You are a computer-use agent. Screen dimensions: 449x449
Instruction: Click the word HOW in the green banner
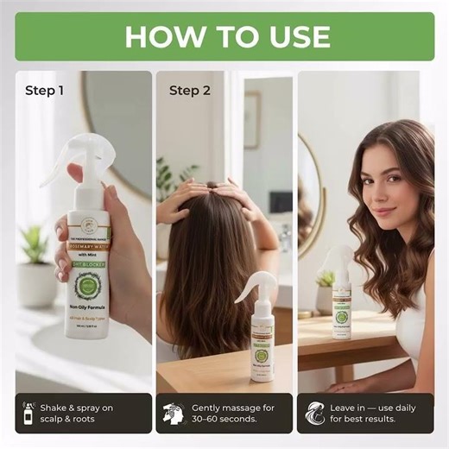165,36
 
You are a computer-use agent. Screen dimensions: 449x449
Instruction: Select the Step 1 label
45,90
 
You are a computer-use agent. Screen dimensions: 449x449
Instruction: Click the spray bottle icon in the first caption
30,414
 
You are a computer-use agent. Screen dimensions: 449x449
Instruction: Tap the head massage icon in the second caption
172,414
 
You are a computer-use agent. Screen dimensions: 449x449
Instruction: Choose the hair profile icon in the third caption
313,414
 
